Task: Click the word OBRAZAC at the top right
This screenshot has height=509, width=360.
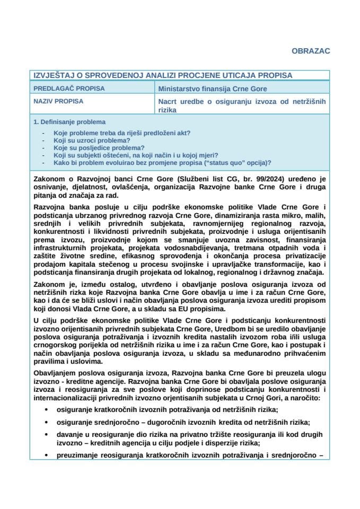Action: pos(311,51)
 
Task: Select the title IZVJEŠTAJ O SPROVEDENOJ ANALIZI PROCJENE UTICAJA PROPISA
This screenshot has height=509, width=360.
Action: pos(163,76)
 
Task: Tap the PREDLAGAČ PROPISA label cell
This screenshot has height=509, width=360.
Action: pos(69,89)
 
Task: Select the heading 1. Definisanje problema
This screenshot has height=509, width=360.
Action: pos(69,122)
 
